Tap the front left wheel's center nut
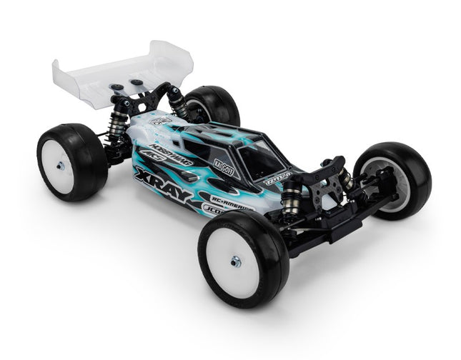click(x=236, y=261)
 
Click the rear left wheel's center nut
click(x=61, y=166)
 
